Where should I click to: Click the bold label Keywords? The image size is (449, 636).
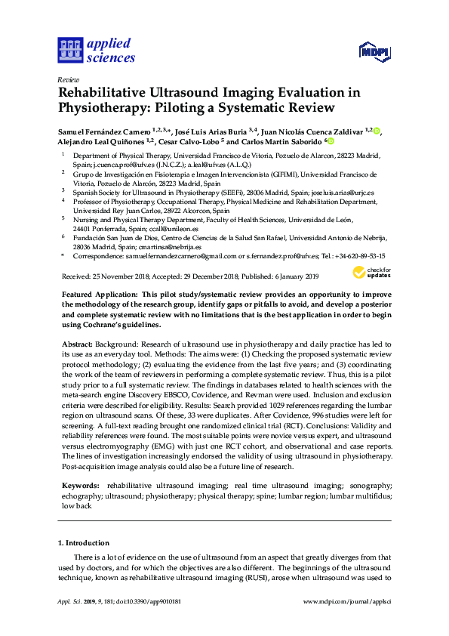pyautogui.click(x=79, y=484)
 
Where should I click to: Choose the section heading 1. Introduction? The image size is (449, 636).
pyautogui.click(x=84, y=542)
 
